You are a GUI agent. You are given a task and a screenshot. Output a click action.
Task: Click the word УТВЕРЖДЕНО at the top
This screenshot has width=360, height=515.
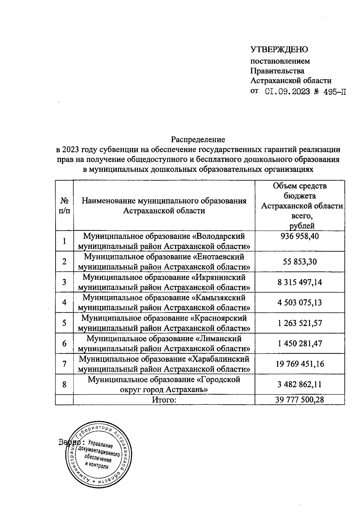point(279,49)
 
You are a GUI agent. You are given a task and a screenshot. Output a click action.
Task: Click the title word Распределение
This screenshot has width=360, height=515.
point(198,139)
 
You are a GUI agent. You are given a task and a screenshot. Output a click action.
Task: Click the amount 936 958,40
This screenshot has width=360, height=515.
point(300,236)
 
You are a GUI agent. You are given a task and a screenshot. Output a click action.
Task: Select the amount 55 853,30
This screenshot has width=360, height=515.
point(300,262)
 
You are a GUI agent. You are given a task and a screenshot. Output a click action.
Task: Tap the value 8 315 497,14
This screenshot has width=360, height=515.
point(300,282)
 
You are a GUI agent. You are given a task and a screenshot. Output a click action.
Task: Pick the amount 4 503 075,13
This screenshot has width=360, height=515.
point(300,302)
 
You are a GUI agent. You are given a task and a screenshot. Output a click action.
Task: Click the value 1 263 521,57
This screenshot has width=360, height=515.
point(300,323)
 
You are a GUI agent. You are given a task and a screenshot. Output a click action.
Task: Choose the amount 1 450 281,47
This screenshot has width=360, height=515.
point(300,343)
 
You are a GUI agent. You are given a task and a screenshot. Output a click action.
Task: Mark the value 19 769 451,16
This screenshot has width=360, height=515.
point(300,364)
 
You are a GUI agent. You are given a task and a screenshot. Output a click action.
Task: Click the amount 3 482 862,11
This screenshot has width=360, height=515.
point(300,384)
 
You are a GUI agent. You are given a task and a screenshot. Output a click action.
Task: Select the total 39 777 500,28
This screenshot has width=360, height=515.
point(300,400)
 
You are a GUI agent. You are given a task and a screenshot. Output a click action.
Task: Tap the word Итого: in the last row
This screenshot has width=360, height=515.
point(164,400)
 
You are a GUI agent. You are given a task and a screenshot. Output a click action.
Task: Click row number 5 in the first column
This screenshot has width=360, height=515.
point(64,323)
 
